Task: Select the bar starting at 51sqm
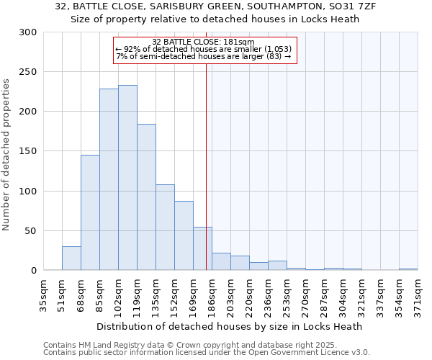pos(71,258)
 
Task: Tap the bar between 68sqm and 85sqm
pos(90,212)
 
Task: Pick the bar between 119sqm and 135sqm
pos(146,197)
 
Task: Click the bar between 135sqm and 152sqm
pos(165,228)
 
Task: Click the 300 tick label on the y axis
pos(28,32)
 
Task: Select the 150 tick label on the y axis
pos(28,151)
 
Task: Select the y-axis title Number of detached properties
pos(6,155)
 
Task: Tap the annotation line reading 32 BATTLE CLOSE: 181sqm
pos(204,42)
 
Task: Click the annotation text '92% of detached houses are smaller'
pos(204,49)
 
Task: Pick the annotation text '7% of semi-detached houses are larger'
pos(204,56)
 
